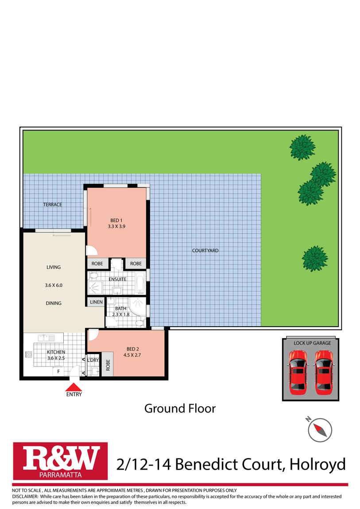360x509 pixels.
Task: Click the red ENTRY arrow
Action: click(x=74, y=386)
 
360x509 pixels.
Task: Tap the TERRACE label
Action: click(x=52, y=204)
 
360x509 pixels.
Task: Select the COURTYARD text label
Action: click(x=205, y=251)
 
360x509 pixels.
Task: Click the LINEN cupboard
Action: click(x=96, y=302)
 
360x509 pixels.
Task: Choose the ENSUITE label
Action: click(x=117, y=279)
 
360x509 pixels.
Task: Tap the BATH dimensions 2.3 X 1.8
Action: click(x=121, y=314)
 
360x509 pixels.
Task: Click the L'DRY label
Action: click(x=93, y=360)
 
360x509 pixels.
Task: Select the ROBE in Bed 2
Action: click(x=108, y=364)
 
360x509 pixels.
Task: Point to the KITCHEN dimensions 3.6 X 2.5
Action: click(x=56, y=358)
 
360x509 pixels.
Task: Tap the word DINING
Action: click(x=53, y=303)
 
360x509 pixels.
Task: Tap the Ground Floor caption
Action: click(x=180, y=408)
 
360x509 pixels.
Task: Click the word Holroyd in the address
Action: click(x=317, y=464)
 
